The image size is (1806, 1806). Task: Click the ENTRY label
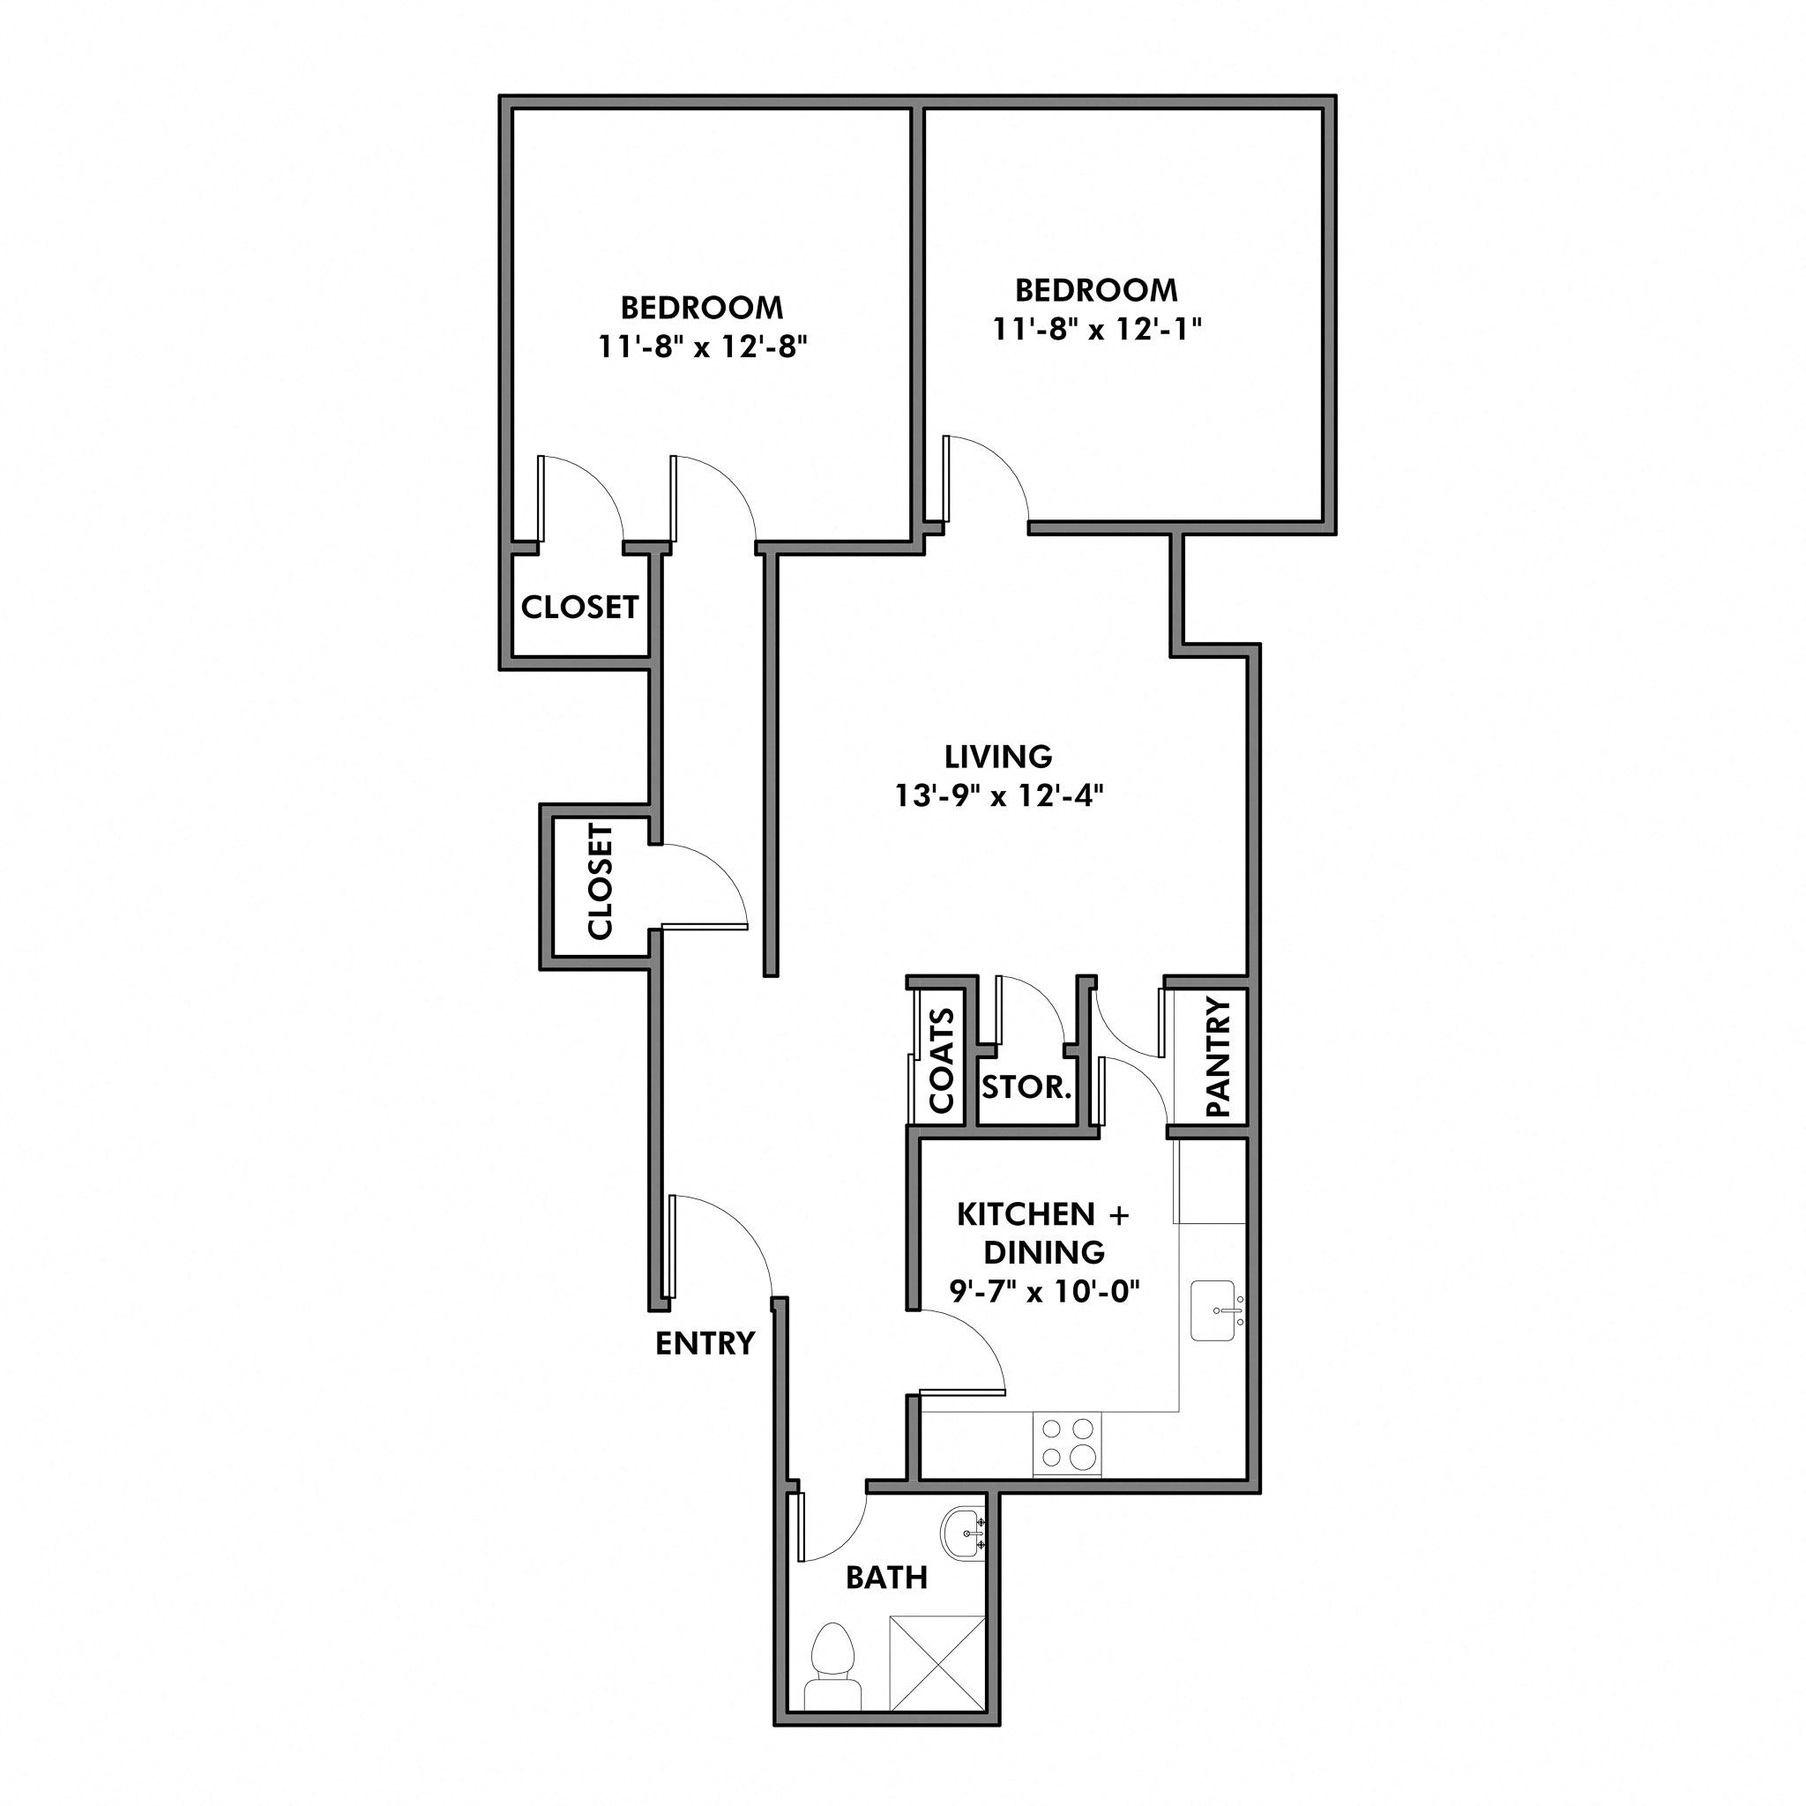(704, 1343)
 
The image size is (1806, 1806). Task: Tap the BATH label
(886, 1578)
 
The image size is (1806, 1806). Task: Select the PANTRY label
(1218, 1057)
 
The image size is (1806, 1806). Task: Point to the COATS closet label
(941, 1061)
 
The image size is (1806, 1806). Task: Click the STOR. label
(1026, 1086)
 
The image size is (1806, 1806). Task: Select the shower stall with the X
(937, 1664)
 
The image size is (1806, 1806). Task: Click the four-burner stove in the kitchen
(1067, 1444)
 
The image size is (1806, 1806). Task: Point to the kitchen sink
(1217, 1310)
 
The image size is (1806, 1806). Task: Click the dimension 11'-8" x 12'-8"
(702, 347)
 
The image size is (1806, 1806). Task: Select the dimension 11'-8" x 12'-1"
(1096, 329)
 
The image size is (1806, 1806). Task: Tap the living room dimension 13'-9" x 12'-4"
(999, 795)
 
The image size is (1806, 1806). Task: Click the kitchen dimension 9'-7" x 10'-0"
(1044, 1291)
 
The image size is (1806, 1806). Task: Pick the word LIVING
(998, 756)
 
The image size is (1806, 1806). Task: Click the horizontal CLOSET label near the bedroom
(579, 607)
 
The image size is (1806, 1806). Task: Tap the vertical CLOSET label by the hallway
(599, 881)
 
